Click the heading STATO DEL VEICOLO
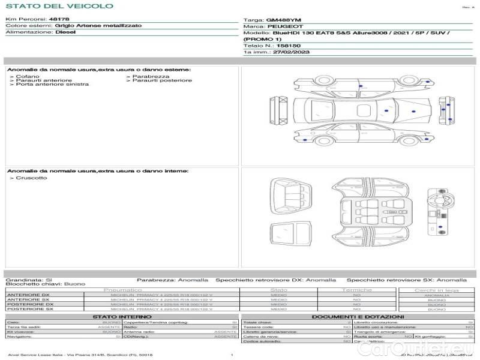pos(59,6)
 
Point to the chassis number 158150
pos(289,46)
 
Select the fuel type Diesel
pos(65,32)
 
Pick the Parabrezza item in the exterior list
pos(151,77)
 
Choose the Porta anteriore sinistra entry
pos(52,85)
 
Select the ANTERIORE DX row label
pos(28,295)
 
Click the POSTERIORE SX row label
pos(29,309)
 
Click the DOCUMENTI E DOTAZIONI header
pos(358,316)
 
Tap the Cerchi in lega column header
pos(436,290)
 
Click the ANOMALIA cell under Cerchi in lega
pos(436,295)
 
